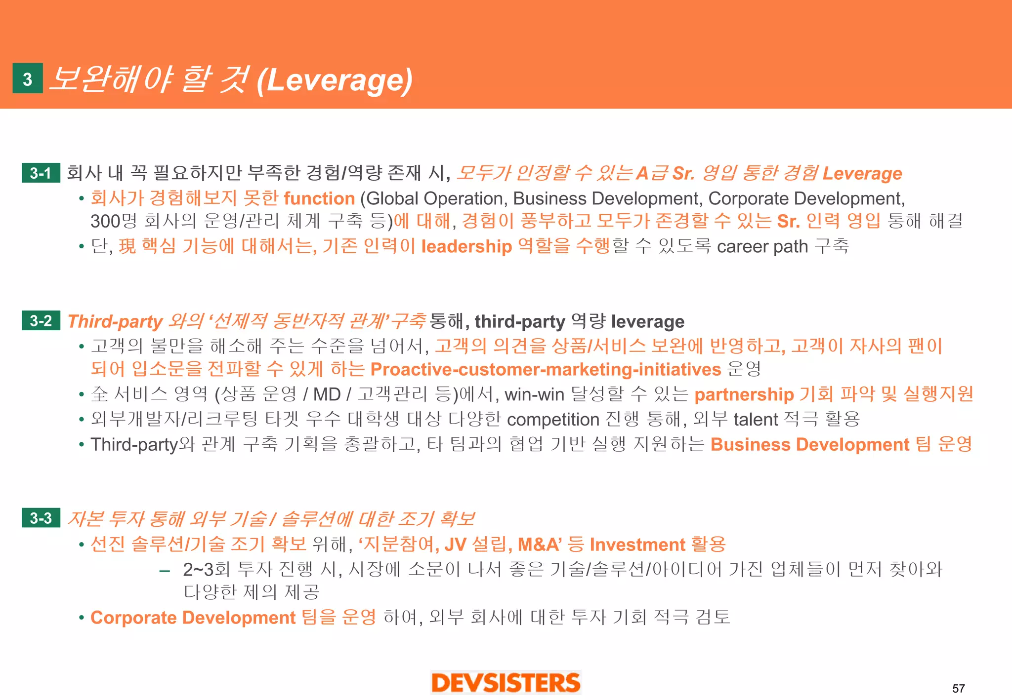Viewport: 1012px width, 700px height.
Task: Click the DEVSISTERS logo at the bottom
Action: [506, 683]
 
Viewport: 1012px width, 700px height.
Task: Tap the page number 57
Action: [958, 688]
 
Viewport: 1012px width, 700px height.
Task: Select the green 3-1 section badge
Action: [41, 173]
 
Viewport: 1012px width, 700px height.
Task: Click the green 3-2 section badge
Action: [41, 321]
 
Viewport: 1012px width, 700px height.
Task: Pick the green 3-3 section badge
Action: [41, 518]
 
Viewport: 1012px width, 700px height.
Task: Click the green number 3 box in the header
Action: [28, 78]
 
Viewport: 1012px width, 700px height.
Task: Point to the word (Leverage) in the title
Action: [335, 80]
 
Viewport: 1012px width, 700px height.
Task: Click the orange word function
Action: [319, 198]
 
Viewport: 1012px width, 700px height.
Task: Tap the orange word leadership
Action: [466, 246]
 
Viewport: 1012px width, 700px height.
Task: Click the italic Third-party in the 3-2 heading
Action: [115, 321]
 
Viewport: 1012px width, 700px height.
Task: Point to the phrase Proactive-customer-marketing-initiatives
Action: [546, 369]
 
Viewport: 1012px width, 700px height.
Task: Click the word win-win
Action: [534, 394]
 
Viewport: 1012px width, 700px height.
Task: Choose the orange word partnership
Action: [744, 394]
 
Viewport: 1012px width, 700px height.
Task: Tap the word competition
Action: [553, 420]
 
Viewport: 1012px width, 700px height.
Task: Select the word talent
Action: [756, 420]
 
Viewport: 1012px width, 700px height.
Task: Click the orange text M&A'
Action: [539, 544]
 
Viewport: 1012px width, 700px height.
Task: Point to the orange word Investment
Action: [637, 544]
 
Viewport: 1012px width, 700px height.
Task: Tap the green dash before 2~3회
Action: [165, 571]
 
